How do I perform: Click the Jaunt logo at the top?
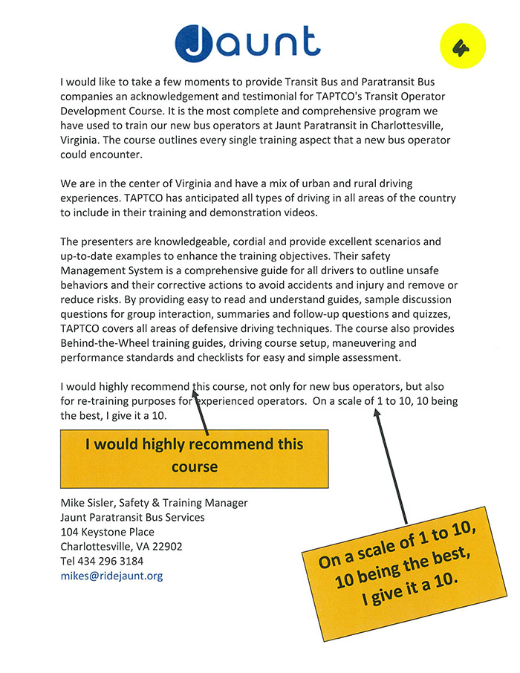[x=247, y=43]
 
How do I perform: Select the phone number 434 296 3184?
[x=114, y=561]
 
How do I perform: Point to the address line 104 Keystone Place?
[x=107, y=532]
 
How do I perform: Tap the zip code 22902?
[x=167, y=547]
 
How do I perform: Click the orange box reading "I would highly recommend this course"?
[x=195, y=455]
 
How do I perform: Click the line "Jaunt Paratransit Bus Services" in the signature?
[x=132, y=517]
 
